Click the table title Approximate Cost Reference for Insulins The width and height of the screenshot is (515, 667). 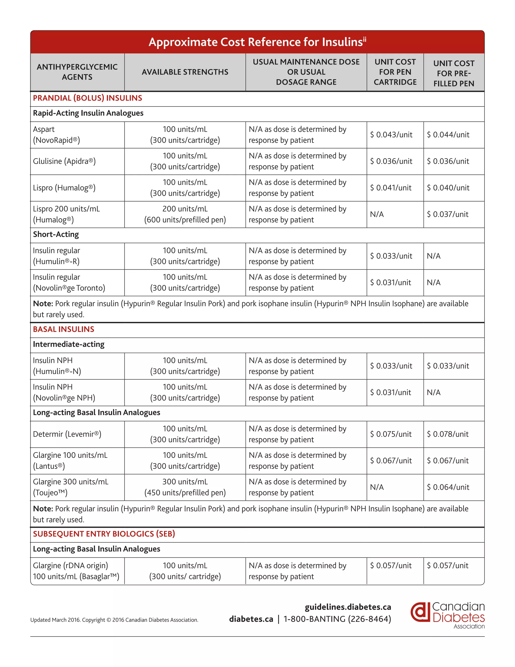point(257,42)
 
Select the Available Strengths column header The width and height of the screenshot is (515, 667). point(185,72)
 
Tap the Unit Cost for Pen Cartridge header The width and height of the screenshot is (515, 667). point(395,72)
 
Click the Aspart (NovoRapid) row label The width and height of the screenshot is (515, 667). point(56,135)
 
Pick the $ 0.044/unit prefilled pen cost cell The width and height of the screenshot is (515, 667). point(448,135)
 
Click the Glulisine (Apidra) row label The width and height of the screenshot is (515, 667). point(64,161)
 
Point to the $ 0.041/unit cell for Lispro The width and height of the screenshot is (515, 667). point(391,188)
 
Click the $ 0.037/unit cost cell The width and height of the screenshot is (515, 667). point(447,214)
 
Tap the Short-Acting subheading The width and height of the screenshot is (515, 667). point(56,235)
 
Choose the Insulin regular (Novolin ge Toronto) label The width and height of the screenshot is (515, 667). point(69,282)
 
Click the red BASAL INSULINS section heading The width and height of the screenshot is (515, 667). point(63,329)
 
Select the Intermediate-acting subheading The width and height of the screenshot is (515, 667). point(69,345)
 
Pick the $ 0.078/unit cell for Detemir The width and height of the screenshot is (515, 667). point(447,434)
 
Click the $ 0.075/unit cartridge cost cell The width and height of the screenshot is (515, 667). point(391,434)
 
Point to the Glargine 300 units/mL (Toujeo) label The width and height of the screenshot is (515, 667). point(70,487)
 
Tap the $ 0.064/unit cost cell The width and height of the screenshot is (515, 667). point(448,487)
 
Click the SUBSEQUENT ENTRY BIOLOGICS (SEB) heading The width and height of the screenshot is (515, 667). point(104,534)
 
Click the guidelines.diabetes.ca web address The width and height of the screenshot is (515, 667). point(348,607)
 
